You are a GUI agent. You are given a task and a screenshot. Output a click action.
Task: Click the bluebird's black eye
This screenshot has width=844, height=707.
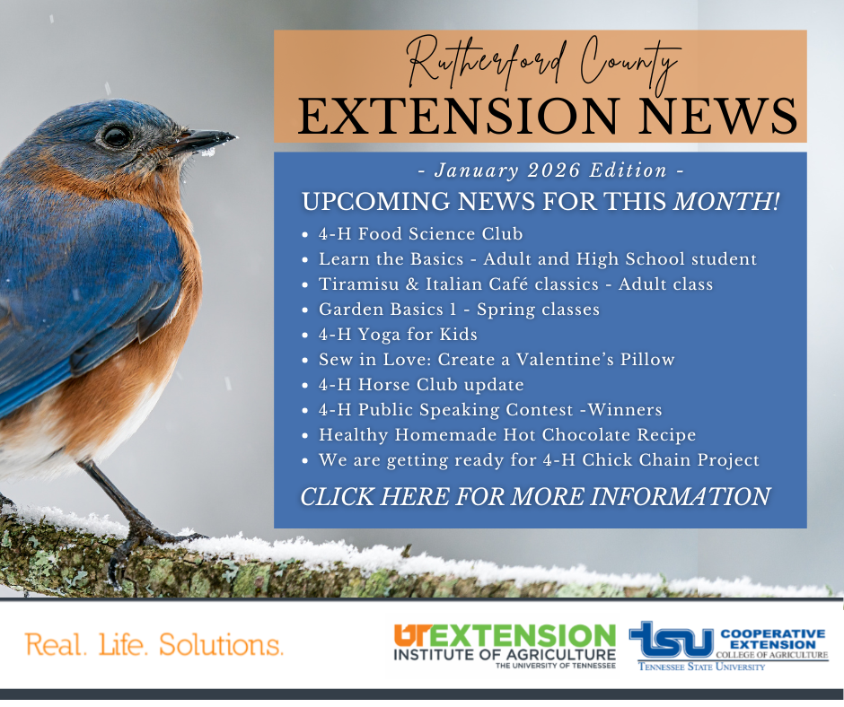(x=117, y=135)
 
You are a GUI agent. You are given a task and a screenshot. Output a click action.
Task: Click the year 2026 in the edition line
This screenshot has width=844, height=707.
(x=553, y=170)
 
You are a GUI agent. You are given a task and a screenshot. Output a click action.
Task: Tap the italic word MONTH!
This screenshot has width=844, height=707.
(x=726, y=201)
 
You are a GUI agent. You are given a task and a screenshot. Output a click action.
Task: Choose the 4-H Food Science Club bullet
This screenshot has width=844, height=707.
(x=420, y=234)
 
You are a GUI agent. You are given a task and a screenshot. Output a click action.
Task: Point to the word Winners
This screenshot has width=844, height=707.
(x=625, y=410)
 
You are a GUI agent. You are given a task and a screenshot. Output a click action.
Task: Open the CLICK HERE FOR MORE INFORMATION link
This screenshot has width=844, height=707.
(x=535, y=497)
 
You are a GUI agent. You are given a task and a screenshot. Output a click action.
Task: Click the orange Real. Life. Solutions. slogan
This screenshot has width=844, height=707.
(x=154, y=644)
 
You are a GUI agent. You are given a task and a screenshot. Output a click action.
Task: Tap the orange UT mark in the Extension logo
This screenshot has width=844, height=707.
(x=410, y=635)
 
